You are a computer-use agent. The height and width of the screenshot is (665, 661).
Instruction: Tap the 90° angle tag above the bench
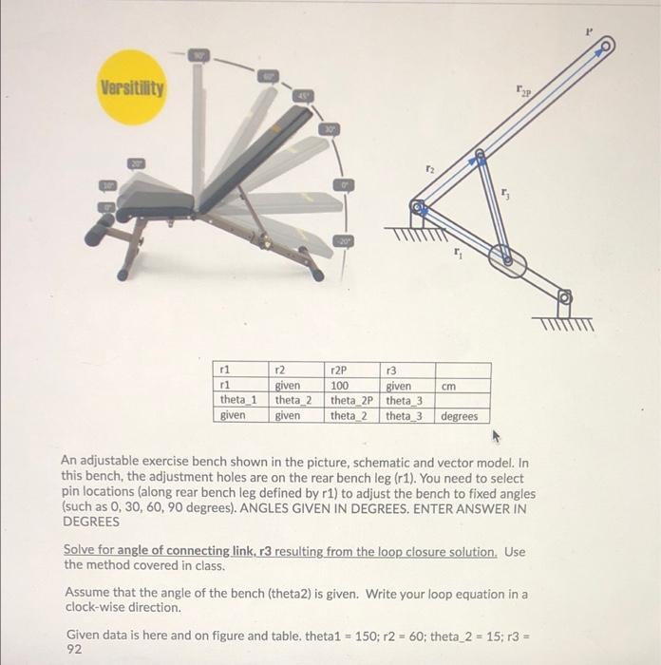point(199,56)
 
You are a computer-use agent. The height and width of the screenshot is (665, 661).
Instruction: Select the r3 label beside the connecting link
point(508,194)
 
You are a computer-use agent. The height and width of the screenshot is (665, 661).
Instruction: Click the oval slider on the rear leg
point(507,258)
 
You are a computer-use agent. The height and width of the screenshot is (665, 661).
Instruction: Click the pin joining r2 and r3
point(481,153)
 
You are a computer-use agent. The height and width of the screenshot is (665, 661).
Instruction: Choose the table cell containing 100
point(339,387)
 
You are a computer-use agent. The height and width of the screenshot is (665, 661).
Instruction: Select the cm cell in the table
point(450,387)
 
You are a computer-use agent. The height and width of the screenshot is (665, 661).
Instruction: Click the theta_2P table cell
point(352,401)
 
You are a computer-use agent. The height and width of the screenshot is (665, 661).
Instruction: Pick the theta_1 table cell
point(238,401)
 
